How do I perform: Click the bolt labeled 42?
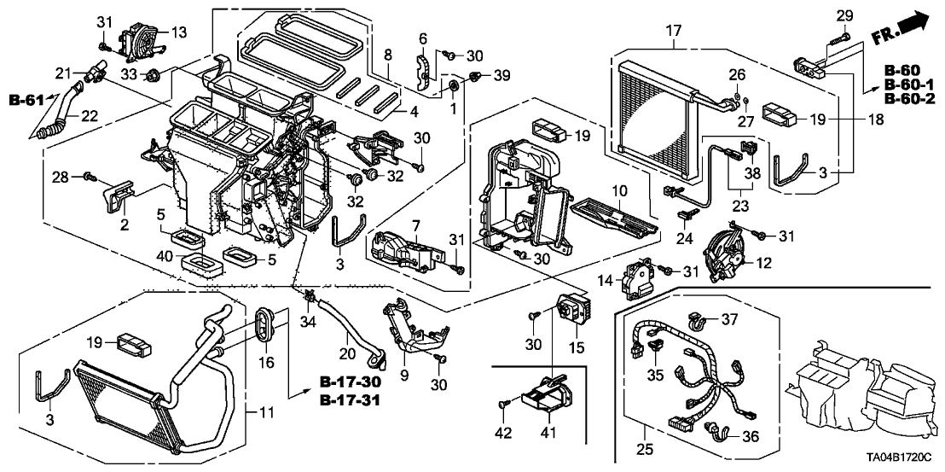(505, 402)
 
